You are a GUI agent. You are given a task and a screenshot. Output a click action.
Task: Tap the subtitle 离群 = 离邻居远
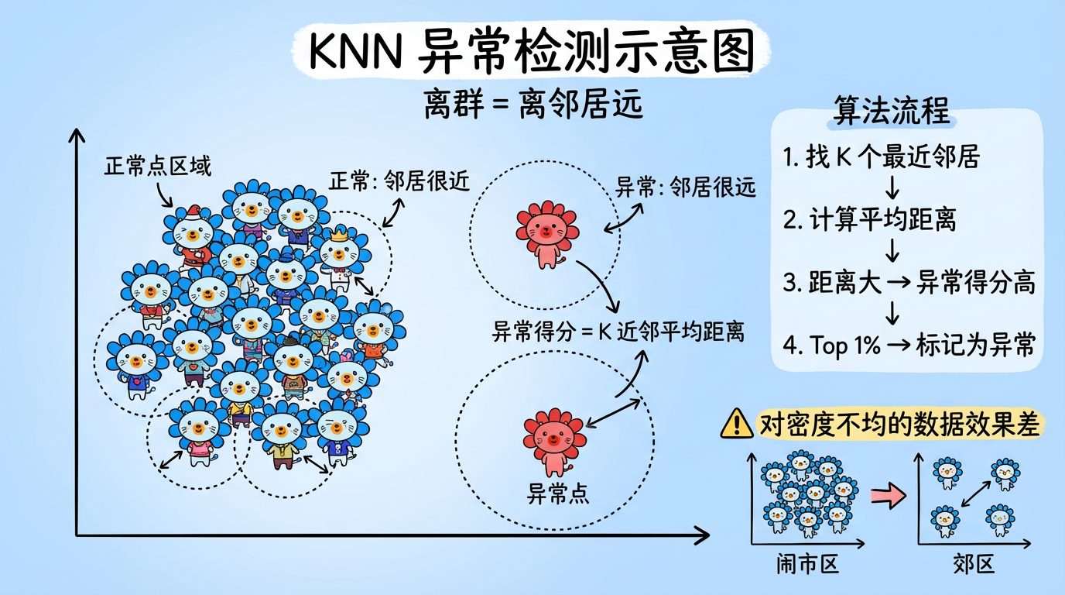tap(533, 105)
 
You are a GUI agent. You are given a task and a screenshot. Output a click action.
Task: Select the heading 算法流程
tap(890, 111)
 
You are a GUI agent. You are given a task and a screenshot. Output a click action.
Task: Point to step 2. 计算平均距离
tap(869, 220)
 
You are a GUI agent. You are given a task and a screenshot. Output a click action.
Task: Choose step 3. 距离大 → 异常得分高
tap(908, 283)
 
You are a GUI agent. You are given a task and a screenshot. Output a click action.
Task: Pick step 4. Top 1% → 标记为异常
tap(908, 345)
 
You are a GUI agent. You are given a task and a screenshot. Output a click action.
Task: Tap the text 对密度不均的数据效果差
tap(899, 424)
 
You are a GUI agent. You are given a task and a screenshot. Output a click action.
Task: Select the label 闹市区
tap(807, 564)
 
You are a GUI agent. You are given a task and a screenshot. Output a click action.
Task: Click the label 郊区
tap(974, 564)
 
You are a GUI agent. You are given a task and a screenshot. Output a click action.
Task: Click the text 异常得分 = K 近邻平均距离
tap(618, 332)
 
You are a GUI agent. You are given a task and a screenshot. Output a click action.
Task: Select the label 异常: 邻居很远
tap(685, 187)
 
